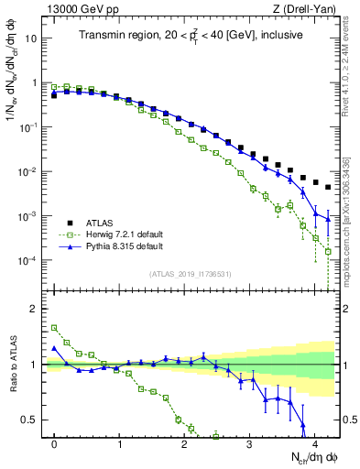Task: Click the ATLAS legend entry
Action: (98, 223)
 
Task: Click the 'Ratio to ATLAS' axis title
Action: (13, 364)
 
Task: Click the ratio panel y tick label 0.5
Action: (33, 420)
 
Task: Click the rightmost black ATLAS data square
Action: (328, 187)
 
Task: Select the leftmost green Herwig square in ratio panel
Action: (55, 327)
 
